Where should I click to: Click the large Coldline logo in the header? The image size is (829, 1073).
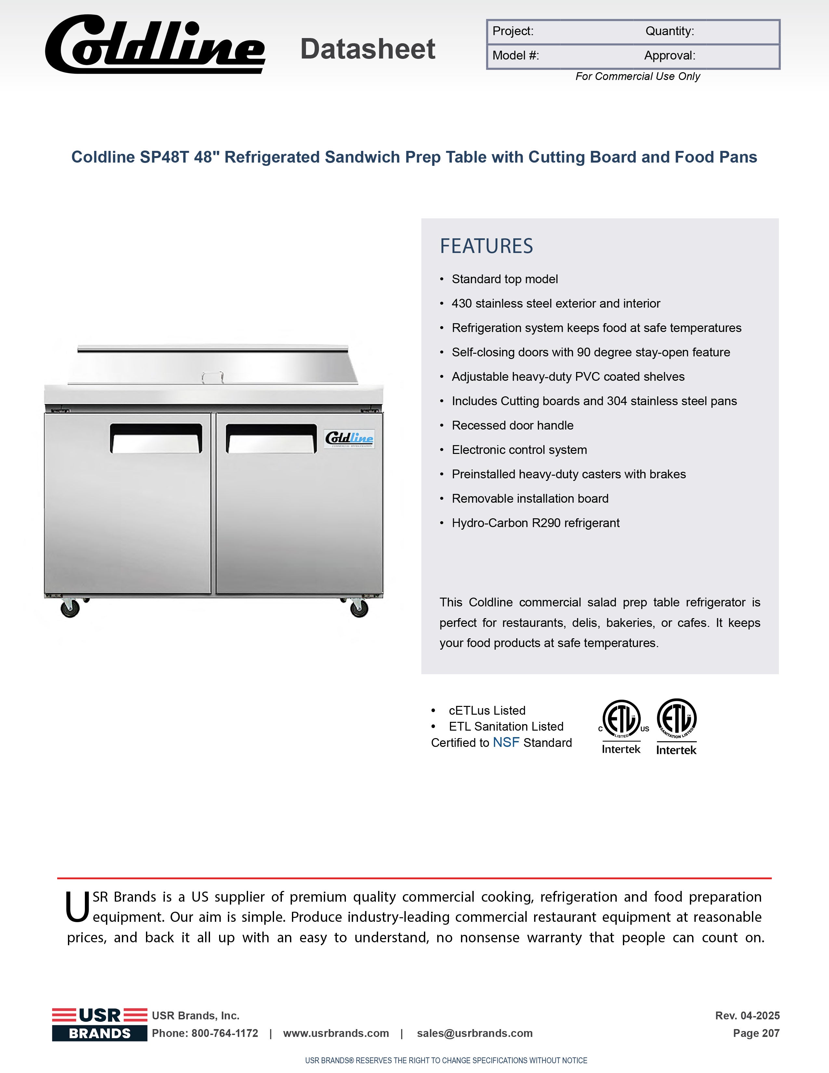pos(155,45)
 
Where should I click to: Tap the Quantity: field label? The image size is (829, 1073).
pos(669,32)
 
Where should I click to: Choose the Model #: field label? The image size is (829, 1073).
pos(516,56)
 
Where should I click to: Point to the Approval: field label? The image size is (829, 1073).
pos(669,56)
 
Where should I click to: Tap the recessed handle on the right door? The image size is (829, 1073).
pos(271,438)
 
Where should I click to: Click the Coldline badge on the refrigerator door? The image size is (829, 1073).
pos(349,438)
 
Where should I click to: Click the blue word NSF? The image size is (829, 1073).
pos(506,742)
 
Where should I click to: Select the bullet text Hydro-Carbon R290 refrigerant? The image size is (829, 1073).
pos(535,523)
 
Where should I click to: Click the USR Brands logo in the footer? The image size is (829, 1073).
pos(100,1024)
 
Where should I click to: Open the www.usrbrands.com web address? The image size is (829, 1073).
pos(336,1033)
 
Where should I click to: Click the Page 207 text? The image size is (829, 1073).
pos(756,1033)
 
